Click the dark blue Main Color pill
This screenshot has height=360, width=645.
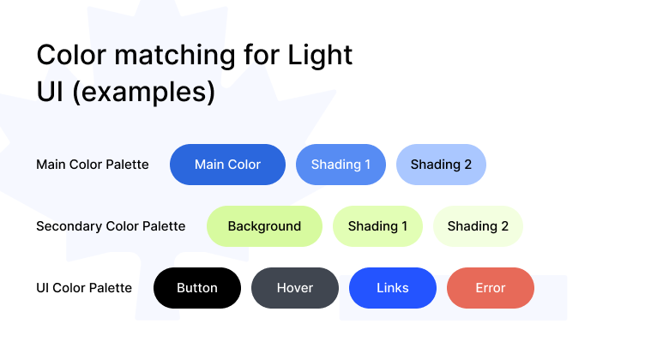point(227,165)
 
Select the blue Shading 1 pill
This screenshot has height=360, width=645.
point(341,165)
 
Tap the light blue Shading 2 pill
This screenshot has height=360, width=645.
point(441,165)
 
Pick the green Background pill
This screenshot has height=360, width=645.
point(264,226)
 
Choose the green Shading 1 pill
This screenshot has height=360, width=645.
point(377,226)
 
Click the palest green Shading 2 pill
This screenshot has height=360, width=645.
point(478,226)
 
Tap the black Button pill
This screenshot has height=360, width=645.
point(197,288)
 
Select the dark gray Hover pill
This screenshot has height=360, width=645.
point(295,288)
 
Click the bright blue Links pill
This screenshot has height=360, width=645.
point(393,288)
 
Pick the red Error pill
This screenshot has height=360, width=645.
point(491,288)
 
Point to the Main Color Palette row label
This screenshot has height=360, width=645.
point(93,165)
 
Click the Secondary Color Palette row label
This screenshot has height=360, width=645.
point(111,226)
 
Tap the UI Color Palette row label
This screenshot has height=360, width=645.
point(84,288)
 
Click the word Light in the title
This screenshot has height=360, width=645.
point(320,56)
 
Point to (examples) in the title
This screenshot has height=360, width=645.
point(143,92)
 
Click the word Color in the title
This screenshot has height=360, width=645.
point(71,55)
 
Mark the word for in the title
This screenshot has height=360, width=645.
point(262,55)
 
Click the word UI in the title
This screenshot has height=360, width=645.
point(51,91)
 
